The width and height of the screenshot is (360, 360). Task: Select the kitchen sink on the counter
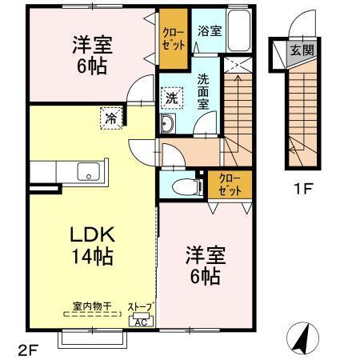click(x=86, y=171)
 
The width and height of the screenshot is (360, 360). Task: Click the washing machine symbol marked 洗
click(x=172, y=98)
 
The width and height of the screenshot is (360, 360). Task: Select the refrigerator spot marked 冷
click(x=110, y=119)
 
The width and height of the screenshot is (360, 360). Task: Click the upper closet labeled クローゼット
click(x=174, y=39)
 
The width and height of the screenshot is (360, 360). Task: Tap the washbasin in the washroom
click(x=168, y=124)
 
